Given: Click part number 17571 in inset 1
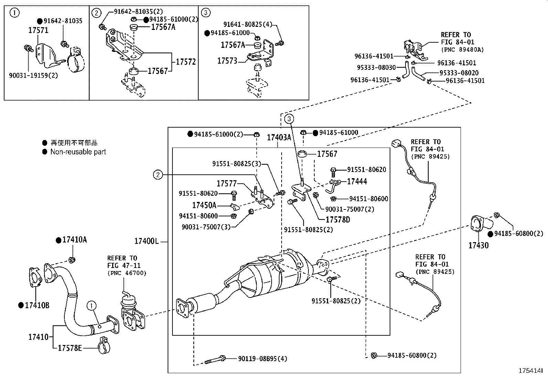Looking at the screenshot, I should point(38,30).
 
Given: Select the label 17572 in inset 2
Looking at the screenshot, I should point(186,62).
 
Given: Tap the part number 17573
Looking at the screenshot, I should point(227,61).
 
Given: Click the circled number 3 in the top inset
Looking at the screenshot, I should point(205,13).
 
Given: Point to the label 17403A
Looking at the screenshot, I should point(279,138).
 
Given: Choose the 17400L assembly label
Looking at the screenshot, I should point(146,241).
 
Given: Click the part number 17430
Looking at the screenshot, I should point(478,245).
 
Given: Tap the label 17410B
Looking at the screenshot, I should point(37,305).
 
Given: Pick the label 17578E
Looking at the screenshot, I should point(70,348).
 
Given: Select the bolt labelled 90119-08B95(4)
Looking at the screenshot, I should point(215,360).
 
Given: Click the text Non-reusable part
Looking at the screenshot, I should point(78,152).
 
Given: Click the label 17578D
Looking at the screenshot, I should point(338,219).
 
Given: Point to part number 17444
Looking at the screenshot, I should point(357,181).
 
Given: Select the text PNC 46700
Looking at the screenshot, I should point(127,273).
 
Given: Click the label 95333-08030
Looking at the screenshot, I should point(376,67).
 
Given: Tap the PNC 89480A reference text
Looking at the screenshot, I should point(462,50).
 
